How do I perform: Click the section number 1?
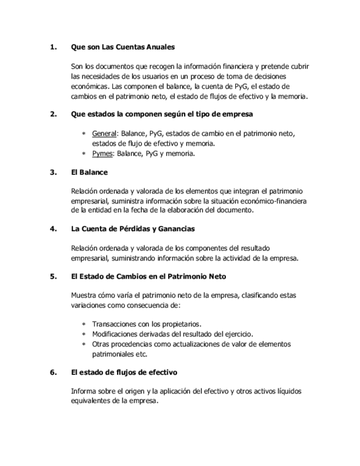(53, 47)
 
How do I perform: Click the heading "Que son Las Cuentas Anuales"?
(123, 47)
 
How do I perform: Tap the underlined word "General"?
(104, 134)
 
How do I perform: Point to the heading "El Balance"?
(89, 172)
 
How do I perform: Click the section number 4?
(53, 229)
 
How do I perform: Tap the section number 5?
(53, 276)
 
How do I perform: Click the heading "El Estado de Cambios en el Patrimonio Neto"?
(148, 276)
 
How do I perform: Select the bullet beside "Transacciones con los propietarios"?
(84, 324)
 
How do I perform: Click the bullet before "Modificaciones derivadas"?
(84, 334)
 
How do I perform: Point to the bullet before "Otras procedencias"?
(84, 345)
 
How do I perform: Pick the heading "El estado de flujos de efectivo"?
(124, 372)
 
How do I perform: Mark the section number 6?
(53, 372)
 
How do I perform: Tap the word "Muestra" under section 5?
(85, 295)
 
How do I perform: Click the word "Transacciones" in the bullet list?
(114, 324)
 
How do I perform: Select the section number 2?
(53, 114)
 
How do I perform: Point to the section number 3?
(53, 172)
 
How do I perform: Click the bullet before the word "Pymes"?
(84, 154)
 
